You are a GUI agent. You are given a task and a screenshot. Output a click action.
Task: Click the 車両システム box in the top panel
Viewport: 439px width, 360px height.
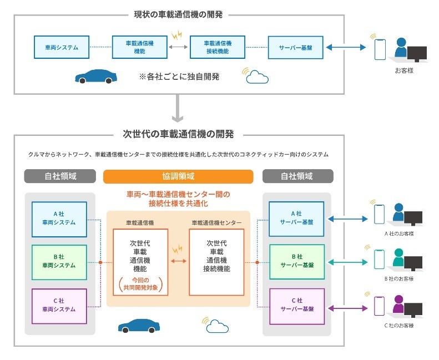(61, 48)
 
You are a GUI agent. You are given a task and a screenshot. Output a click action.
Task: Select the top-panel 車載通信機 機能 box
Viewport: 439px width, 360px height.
(139, 47)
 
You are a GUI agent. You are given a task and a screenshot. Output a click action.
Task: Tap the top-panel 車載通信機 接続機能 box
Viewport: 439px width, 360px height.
(218, 47)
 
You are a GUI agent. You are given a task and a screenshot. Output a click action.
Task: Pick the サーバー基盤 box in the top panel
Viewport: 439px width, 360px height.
(295, 48)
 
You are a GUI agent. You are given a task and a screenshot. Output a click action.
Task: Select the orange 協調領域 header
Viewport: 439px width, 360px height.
(178, 176)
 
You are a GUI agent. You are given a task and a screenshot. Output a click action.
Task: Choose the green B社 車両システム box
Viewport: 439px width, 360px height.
(60, 261)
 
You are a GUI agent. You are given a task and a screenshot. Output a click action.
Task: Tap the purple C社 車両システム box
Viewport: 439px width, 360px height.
(60, 305)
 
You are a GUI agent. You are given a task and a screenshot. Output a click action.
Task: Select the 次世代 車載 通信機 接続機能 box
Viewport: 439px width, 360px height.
(218, 261)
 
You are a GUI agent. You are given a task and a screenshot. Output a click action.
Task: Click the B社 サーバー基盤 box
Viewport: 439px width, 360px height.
(296, 261)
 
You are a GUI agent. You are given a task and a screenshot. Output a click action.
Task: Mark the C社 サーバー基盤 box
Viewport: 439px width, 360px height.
(296, 305)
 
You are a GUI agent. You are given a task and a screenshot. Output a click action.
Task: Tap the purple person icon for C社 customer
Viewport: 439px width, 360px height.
(398, 304)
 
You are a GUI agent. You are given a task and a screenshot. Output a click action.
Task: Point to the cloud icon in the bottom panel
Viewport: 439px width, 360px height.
(218, 327)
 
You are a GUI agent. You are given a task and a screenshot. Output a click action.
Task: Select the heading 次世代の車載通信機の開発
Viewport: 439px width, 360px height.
(178, 134)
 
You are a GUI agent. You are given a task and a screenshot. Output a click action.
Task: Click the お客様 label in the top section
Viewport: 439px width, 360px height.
(403, 71)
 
